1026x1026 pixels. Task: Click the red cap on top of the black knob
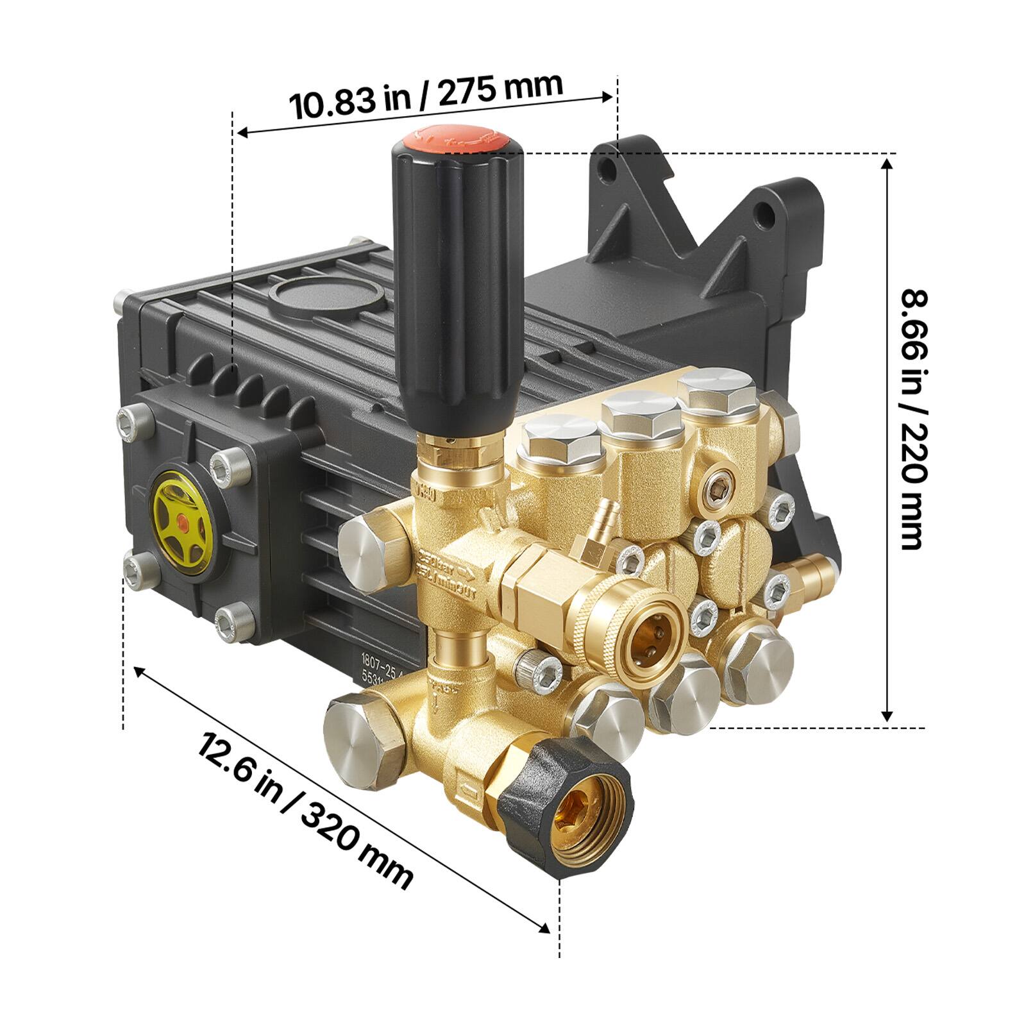(455, 137)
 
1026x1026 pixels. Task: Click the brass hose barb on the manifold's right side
(810, 568)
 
